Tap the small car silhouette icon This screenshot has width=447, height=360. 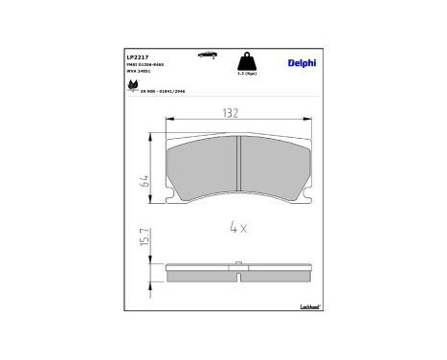point(206,56)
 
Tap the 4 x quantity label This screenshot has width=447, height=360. point(238,228)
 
